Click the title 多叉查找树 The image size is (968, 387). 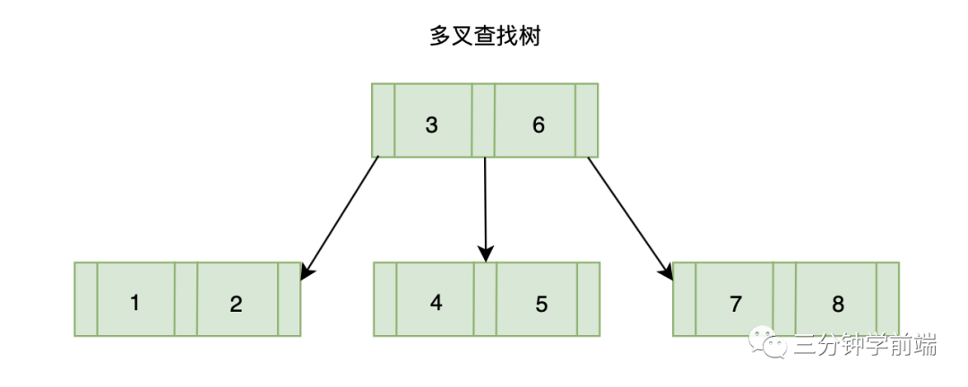(x=485, y=37)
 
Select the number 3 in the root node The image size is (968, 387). (x=431, y=125)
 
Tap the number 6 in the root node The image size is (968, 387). (x=539, y=125)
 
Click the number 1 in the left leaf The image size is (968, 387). (x=134, y=303)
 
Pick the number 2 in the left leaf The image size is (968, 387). (x=236, y=304)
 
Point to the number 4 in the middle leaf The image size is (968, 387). (x=436, y=303)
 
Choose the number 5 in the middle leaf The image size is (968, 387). (x=541, y=304)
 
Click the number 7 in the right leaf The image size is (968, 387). (x=735, y=304)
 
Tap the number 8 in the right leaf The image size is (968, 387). (x=838, y=304)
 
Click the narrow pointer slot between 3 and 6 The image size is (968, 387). (x=483, y=121)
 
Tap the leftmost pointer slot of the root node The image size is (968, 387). (x=383, y=121)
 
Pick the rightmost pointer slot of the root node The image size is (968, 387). (x=586, y=121)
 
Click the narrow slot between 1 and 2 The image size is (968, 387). (x=186, y=299)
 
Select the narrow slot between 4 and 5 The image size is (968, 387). (x=485, y=299)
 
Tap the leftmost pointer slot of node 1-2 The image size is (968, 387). (x=85, y=299)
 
